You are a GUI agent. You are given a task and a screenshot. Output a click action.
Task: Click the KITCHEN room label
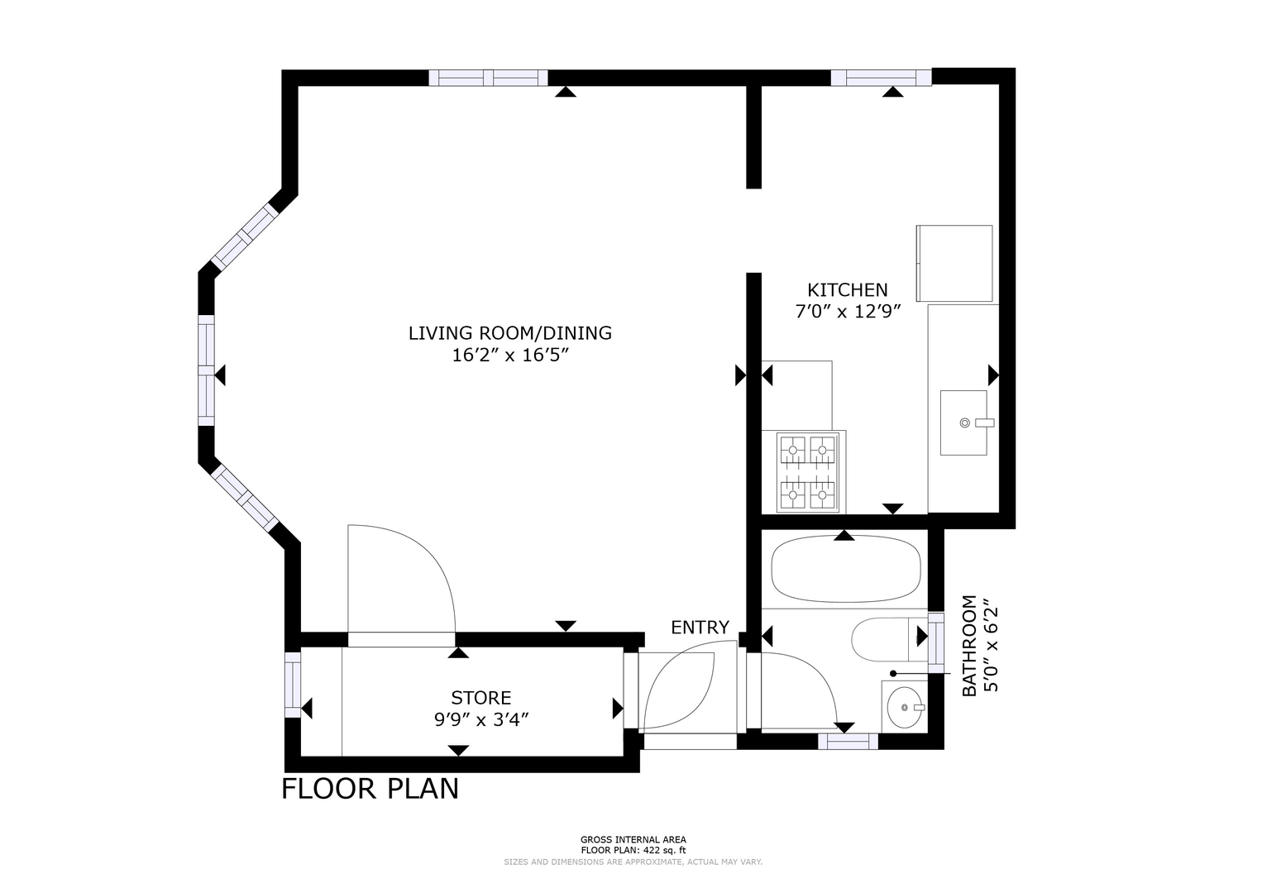tap(848, 290)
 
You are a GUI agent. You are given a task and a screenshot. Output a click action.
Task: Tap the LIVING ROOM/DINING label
tap(510, 333)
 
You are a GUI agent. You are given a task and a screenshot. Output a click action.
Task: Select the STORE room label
tap(481, 698)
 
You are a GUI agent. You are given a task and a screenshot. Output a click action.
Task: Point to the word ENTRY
tap(700, 627)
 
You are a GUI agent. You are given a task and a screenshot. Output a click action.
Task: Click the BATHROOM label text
tap(969, 646)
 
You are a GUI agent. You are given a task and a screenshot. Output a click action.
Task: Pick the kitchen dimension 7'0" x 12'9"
tap(849, 312)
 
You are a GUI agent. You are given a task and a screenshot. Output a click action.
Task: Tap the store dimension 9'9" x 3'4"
tap(481, 719)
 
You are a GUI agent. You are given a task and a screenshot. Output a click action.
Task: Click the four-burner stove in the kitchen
tap(807, 472)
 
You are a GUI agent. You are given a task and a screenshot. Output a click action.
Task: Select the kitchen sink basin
tap(963, 423)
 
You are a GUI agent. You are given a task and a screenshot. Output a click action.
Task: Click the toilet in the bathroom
tap(889, 639)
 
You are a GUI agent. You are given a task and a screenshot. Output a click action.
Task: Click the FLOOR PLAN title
tap(370, 789)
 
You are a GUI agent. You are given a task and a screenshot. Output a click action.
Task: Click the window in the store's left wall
tap(293, 685)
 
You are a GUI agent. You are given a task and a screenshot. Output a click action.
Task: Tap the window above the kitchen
tap(881, 77)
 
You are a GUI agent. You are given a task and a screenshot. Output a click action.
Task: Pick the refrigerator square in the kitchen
tap(954, 264)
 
